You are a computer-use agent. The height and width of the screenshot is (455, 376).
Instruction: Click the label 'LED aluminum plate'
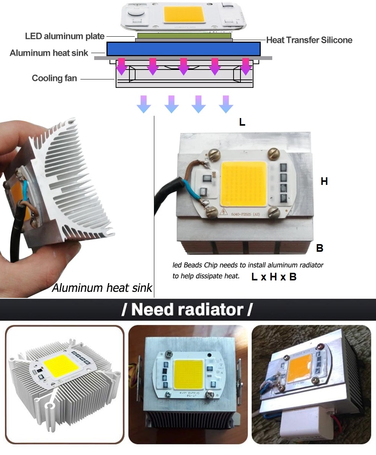click(x=64, y=36)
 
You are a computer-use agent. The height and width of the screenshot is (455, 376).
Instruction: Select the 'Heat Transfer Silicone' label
click(x=309, y=40)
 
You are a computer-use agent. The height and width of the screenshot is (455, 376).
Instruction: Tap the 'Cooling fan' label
click(x=54, y=78)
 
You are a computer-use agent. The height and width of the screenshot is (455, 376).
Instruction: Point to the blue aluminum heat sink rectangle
click(x=183, y=49)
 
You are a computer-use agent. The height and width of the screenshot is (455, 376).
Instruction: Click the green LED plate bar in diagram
click(x=184, y=36)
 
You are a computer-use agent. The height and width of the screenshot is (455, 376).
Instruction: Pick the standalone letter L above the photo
click(x=242, y=123)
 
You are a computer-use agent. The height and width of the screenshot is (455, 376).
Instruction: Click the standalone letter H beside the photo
click(x=324, y=181)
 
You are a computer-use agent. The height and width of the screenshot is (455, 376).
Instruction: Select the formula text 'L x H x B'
click(x=274, y=277)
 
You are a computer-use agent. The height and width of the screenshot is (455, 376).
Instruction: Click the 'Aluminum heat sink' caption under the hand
click(x=102, y=288)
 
